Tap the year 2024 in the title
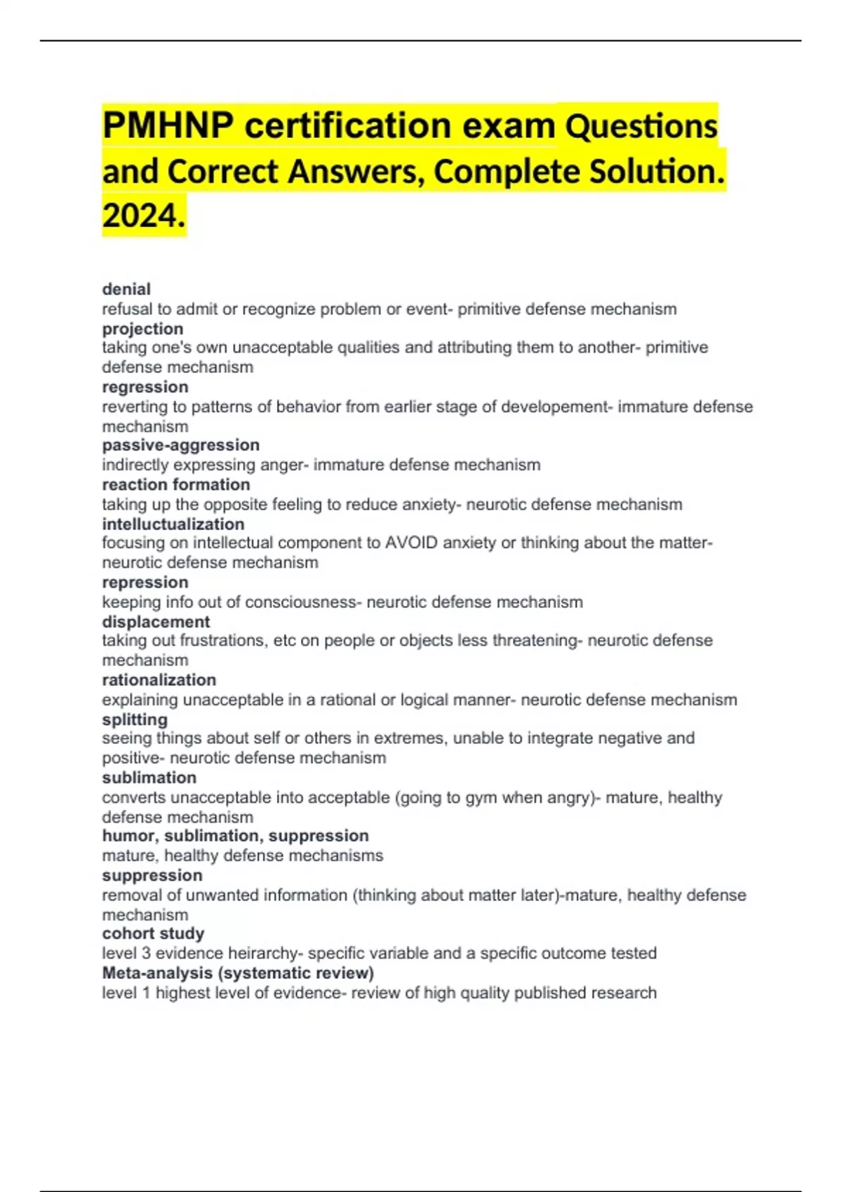[143, 215]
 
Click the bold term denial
[126, 289]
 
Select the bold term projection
[142, 329]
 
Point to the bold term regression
[145, 387]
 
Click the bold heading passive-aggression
[180, 445]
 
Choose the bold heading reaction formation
[176, 485]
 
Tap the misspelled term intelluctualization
[173, 524]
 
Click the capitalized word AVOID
[411, 543]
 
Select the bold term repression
[145, 583]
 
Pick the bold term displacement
[156, 622]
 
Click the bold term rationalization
[159, 680]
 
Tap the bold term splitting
[135, 719]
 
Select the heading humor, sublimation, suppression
[235, 836]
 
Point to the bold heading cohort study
[153, 933]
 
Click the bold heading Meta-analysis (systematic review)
[238, 973]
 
